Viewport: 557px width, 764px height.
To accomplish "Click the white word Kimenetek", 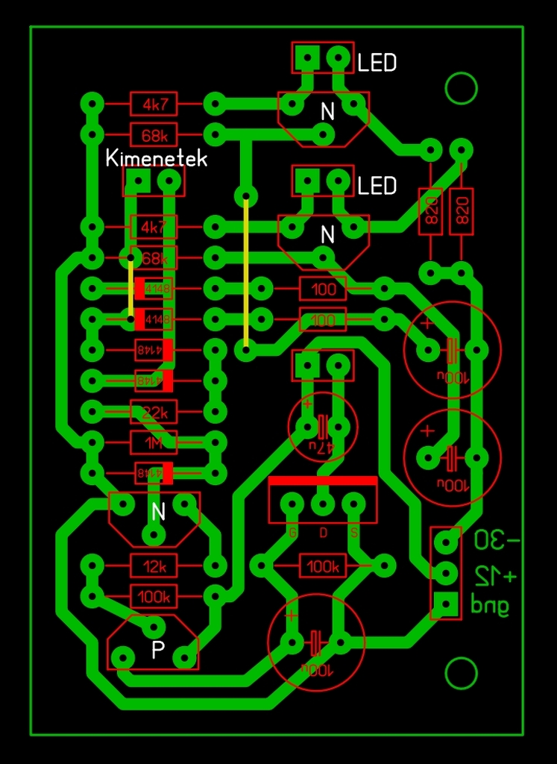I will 156,159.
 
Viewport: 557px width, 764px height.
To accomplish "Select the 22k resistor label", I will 154,412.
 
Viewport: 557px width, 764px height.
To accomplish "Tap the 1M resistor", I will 154,443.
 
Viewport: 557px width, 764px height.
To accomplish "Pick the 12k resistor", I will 154,566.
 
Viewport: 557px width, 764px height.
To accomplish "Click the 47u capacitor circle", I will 322,427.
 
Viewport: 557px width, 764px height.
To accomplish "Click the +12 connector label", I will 494,574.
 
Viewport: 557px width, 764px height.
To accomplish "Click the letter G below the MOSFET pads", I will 292,533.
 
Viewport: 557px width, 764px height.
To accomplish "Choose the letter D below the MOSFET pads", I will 324,533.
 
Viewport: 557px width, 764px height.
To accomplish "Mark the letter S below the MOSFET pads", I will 354,533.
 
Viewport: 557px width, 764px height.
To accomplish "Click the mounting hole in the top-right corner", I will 461,89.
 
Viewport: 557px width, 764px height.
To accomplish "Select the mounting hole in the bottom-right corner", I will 461,674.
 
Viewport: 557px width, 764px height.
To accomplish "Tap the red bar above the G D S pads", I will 322,482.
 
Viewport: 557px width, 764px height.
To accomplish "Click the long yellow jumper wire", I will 246,272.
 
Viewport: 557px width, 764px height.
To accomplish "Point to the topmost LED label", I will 377,63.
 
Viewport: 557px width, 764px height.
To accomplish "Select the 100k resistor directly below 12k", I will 154,597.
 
